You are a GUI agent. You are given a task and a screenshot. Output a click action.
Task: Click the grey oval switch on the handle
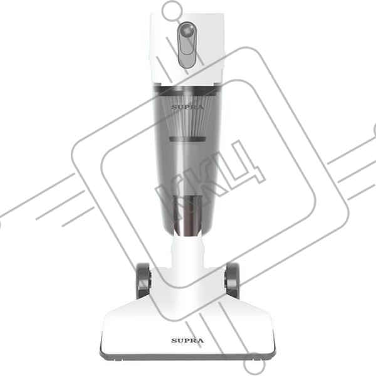click(x=187, y=45)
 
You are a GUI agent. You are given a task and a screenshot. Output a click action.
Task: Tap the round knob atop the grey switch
click(x=187, y=30)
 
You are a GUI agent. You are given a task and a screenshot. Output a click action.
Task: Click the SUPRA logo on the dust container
click(x=187, y=107)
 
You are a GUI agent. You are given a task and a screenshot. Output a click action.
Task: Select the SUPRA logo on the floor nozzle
click(x=187, y=340)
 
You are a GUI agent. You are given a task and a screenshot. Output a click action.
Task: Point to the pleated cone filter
click(x=187, y=115)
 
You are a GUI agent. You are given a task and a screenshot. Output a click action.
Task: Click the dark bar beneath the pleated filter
click(x=187, y=139)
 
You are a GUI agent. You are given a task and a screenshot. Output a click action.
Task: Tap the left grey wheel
click(x=144, y=281)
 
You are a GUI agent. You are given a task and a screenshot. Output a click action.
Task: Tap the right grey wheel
click(x=232, y=281)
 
